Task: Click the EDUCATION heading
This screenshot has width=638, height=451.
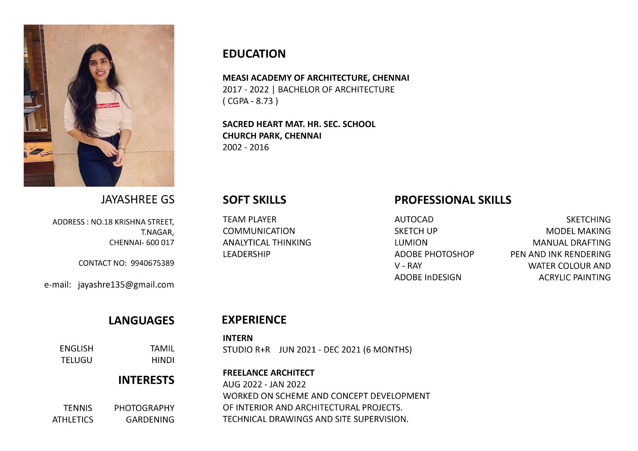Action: coord(254,54)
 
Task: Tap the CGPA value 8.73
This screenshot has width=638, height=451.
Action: coord(264,101)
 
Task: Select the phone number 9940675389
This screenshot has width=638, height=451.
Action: coord(152,263)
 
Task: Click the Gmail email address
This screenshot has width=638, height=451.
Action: coord(126,285)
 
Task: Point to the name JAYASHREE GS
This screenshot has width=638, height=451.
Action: coord(138,199)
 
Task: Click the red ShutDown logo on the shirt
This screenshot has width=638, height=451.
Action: coord(107,105)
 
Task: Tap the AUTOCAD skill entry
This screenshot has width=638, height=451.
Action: coord(414,220)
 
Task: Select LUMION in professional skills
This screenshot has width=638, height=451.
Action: coord(411,243)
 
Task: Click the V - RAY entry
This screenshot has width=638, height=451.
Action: coord(408,266)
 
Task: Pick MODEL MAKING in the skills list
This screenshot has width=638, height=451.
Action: coord(578,231)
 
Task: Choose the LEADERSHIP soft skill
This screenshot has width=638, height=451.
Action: coord(247,254)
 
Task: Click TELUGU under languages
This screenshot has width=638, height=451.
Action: coord(76,360)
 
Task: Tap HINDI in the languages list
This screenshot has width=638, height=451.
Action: coord(163,360)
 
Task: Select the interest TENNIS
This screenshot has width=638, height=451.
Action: coord(78,408)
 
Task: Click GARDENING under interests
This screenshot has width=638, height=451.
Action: coord(150,420)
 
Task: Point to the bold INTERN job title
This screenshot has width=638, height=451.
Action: coord(238,338)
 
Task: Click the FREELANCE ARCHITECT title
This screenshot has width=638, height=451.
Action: coord(268,373)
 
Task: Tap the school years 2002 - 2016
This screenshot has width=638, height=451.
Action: coord(246,147)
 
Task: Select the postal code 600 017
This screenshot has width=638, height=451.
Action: coord(160,243)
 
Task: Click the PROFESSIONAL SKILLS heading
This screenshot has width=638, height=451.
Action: coord(453,200)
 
